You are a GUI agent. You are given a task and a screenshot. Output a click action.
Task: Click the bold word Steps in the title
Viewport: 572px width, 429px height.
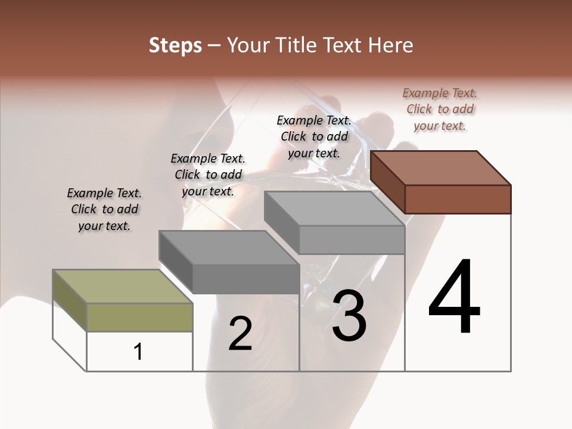pos(175,45)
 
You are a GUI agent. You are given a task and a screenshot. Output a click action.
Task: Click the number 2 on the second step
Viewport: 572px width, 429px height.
pos(240,334)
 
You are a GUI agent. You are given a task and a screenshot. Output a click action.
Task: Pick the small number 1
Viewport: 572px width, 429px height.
pos(138,352)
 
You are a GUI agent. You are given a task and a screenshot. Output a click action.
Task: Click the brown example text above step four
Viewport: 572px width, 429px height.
pos(440,109)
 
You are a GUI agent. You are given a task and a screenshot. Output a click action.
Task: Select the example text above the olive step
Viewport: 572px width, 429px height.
pos(104,209)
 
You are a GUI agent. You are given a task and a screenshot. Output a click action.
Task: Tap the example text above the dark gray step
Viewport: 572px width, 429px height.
pos(208,175)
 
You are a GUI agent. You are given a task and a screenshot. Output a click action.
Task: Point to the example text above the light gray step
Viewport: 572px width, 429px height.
pos(314,136)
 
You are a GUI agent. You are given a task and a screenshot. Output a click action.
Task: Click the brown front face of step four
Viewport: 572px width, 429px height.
pos(458,199)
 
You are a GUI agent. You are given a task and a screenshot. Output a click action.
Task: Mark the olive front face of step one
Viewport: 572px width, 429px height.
pos(139,317)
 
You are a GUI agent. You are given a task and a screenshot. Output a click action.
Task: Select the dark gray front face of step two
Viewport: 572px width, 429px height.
pos(245,279)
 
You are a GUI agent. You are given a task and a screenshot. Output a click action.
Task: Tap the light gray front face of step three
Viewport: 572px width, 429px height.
pos(352,240)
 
